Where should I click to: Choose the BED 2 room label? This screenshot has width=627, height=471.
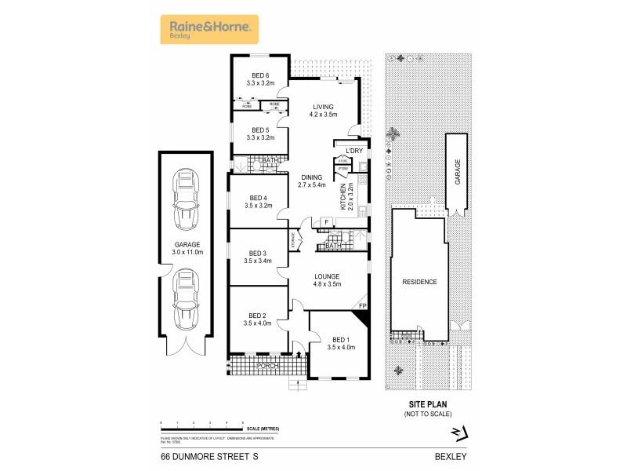tap(257, 317)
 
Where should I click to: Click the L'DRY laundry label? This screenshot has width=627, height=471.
tap(346, 151)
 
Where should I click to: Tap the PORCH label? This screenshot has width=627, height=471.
tap(267, 366)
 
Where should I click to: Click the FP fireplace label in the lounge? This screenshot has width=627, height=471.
tap(362, 305)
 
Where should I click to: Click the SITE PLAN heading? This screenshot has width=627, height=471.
tap(427, 405)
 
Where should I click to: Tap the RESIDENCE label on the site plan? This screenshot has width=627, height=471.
tap(419, 281)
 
